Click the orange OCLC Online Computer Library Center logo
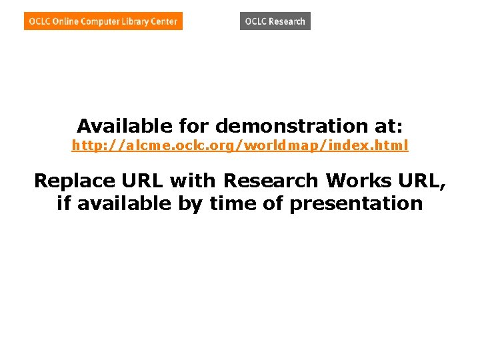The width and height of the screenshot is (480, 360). [x=103, y=21]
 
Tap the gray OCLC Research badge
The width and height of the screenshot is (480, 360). [x=275, y=21]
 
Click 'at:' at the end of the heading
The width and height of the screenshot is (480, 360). [x=390, y=125]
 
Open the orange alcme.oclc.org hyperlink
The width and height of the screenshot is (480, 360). [x=239, y=145]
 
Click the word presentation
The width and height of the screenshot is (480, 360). [x=356, y=203]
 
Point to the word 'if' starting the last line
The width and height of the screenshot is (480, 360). [x=64, y=203]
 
